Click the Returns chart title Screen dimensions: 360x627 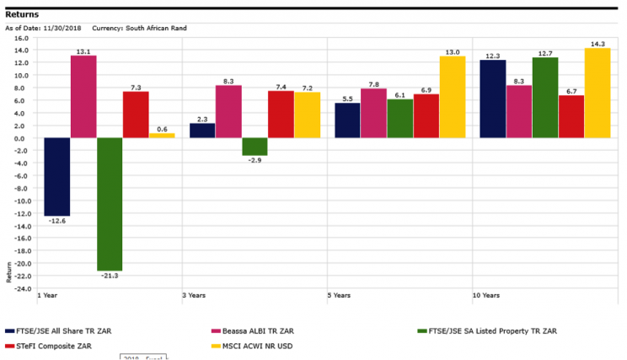pos(21,14)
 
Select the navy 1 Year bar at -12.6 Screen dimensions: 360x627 pos(56,176)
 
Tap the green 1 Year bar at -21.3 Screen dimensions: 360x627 pos(110,203)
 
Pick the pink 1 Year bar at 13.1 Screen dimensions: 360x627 pos(83,96)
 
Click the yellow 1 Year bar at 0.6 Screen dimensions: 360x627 pos(162,136)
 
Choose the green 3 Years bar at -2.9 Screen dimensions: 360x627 pos(255,147)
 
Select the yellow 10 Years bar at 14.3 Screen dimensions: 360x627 pos(598,93)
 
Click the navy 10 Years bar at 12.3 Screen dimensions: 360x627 pos(492,99)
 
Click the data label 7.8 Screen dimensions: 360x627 pos(374,83)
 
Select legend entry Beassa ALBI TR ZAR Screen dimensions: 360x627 pos(256,331)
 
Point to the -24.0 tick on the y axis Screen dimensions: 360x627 pos(20,288)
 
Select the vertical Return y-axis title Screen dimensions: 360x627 pos(9,271)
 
